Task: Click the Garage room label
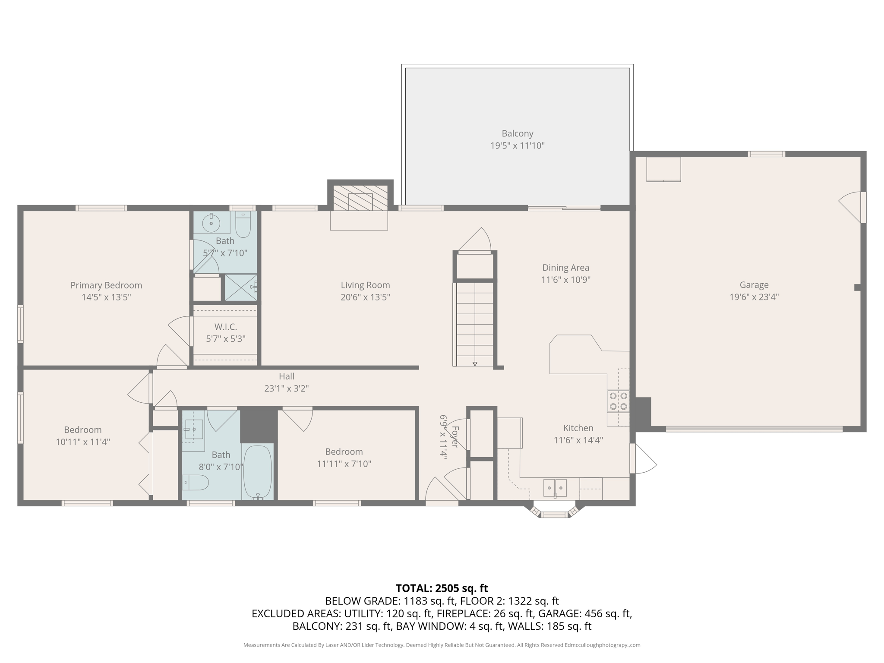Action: tap(754, 285)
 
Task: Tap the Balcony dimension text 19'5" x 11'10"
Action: tap(517, 146)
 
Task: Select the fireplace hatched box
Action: tap(360, 198)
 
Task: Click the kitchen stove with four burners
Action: tap(618, 401)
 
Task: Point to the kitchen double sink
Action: tap(555, 488)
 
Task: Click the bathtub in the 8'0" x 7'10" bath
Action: tap(258, 473)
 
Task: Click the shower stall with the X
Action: tap(241, 287)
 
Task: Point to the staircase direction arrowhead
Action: tap(475, 364)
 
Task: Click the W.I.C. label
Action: tap(225, 327)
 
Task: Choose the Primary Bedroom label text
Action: tap(106, 285)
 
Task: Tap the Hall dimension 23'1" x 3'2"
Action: tap(286, 388)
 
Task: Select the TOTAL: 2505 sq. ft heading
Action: tap(442, 588)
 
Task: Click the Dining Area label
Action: tap(565, 268)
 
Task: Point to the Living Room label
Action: tap(365, 285)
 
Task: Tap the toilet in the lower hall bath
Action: tap(196, 483)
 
